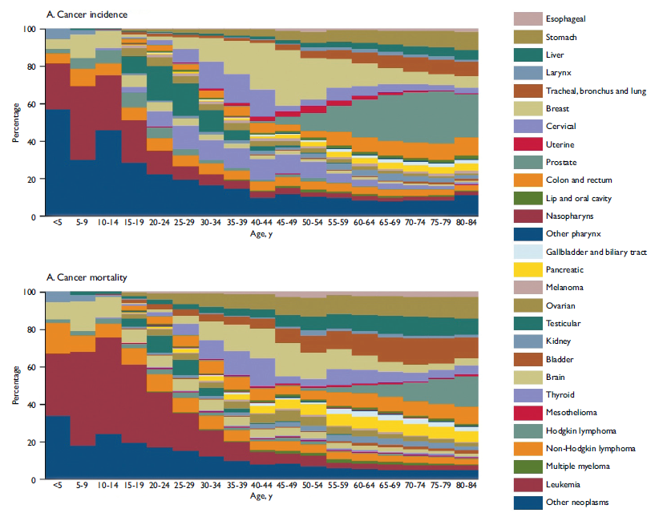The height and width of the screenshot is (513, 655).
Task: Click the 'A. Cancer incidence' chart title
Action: tap(87, 15)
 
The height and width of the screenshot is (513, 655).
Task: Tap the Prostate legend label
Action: tap(562, 162)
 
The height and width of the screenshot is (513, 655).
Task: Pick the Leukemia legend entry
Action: tap(564, 485)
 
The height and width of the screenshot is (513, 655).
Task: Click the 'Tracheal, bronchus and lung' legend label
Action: tap(595, 91)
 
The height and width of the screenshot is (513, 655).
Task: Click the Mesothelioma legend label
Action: tap(571, 413)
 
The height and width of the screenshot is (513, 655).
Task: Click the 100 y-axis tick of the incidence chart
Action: tap(30, 29)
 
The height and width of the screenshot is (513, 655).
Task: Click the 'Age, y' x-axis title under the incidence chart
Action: tap(261, 233)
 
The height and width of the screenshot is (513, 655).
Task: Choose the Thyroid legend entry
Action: tap(560, 395)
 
